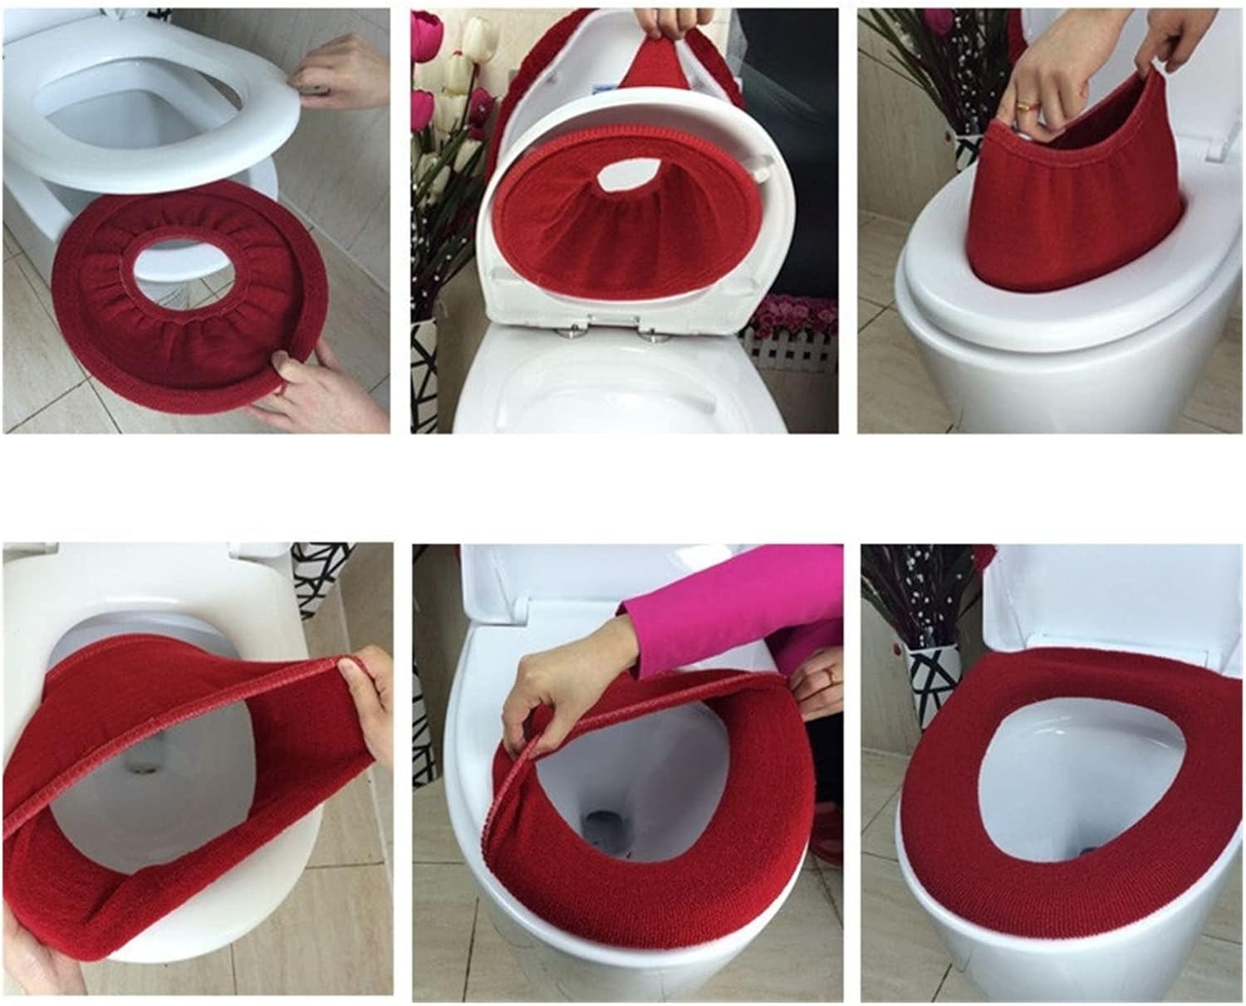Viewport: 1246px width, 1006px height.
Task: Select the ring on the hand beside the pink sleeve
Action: click(x=828, y=676)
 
